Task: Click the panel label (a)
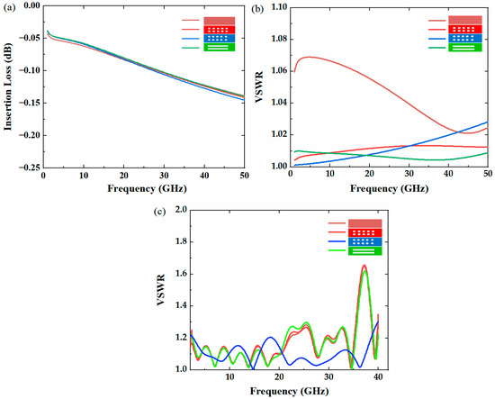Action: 8,8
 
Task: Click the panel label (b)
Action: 256,8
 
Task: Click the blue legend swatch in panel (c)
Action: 365,242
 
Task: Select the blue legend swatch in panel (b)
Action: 467,39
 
